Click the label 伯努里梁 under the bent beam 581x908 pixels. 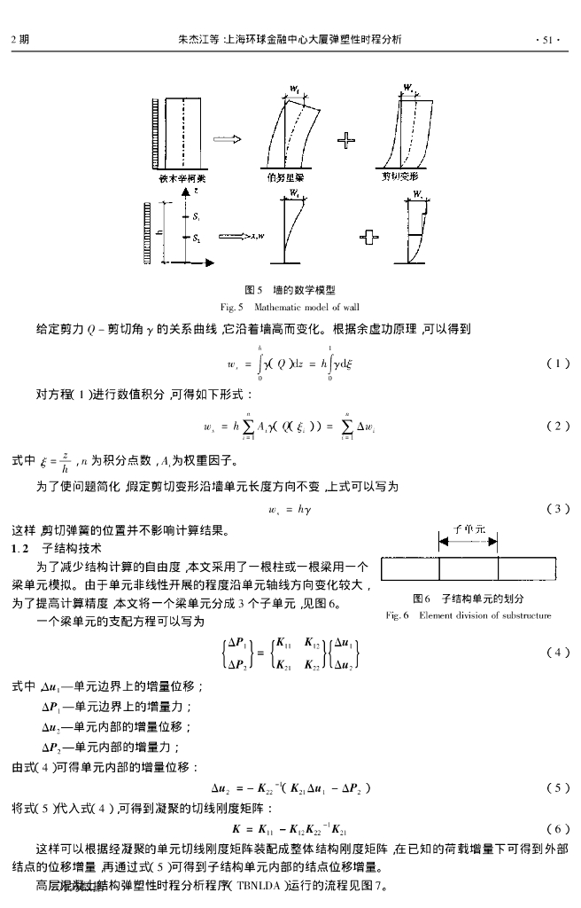point(287,177)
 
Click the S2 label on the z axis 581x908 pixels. point(197,238)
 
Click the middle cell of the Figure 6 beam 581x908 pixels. point(469,567)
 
